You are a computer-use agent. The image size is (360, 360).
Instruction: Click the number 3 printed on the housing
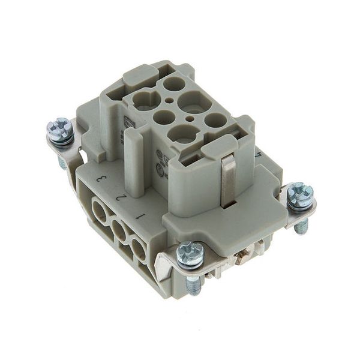pos(102,178)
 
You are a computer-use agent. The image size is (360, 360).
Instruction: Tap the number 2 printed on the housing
pos(121,196)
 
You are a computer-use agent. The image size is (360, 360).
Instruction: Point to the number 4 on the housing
pos(258,154)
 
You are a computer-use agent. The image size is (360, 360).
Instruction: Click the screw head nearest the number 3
pos(60,130)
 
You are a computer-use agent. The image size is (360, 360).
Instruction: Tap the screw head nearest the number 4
pos(299,195)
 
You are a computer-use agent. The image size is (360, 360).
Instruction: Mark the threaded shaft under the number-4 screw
pos(302,226)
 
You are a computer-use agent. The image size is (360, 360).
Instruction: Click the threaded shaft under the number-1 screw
pos(193,286)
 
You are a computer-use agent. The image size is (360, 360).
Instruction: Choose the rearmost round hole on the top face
pos(174,83)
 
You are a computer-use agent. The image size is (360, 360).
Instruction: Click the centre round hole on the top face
pos(164,116)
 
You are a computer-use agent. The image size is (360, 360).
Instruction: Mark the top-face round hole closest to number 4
pos(215,119)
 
